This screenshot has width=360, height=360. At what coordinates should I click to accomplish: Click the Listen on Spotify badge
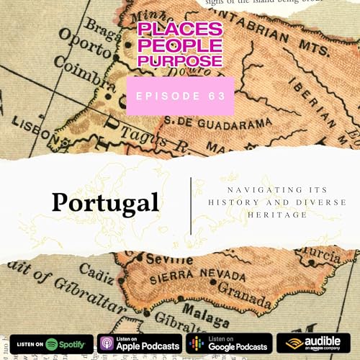[x=52, y=343]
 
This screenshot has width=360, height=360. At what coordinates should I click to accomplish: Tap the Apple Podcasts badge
[x=139, y=343]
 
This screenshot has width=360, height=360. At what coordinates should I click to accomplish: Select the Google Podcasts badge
[x=228, y=343]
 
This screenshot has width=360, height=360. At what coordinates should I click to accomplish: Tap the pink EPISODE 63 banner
[x=180, y=96]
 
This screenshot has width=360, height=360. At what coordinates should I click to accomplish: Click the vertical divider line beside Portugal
[x=192, y=204]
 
